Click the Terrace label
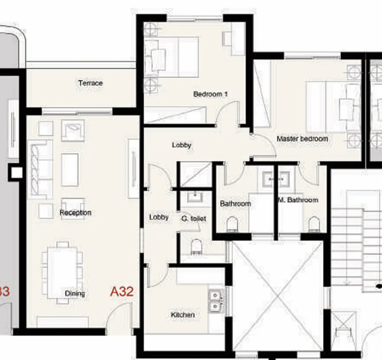coord(90,83)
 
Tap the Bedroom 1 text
coord(210,94)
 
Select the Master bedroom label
coord(302,139)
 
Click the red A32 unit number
coord(122,292)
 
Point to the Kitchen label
coord(183,314)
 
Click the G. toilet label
coord(193,219)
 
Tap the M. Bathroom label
coord(298,200)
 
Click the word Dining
coord(75,294)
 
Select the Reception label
coord(75,213)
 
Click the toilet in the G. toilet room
coord(196,246)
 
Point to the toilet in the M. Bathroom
coord(314,224)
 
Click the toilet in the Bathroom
coord(232,224)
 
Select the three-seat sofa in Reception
coord(41,169)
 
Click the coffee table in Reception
coord(70,170)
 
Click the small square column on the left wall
coord(17,172)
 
